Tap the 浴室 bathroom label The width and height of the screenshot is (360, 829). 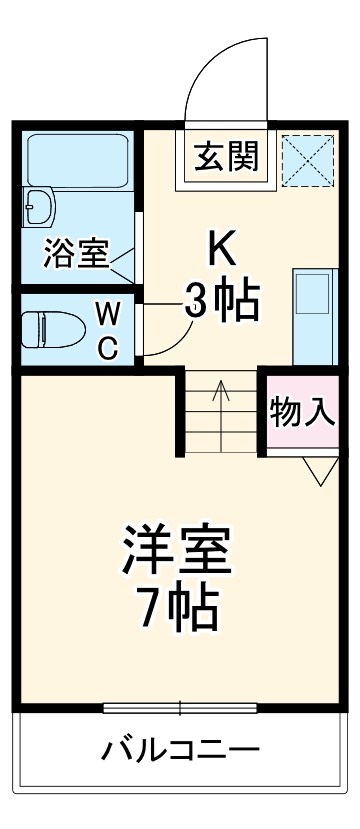point(75,254)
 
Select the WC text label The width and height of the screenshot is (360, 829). point(108,331)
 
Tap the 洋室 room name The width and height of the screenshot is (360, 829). point(177,547)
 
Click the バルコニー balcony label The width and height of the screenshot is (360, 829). point(180,749)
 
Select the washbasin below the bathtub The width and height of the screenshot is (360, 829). point(41,207)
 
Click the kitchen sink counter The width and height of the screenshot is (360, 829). point(312,316)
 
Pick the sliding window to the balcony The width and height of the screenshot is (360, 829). point(180,709)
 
